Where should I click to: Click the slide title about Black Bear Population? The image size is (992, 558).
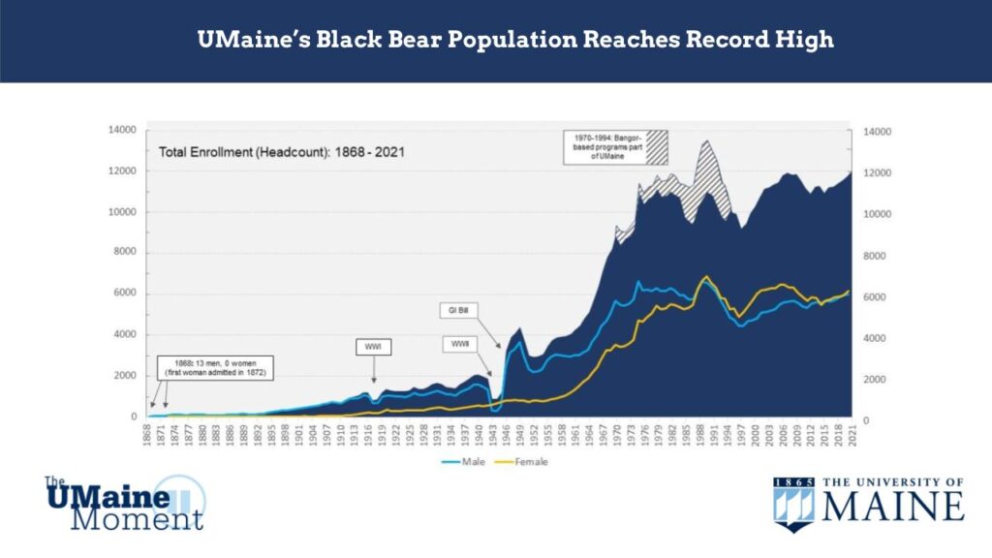click(515, 41)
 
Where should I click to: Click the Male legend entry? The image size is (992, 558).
click(471, 462)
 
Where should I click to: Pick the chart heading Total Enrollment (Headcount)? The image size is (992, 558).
click(281, 152)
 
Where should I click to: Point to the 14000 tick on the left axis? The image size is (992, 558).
click(125, 131)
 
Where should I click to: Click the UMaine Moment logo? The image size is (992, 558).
click(124, 502)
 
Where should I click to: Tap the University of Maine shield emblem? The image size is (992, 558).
click(793, 504)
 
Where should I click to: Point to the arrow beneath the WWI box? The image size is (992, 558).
click(374, 372)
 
